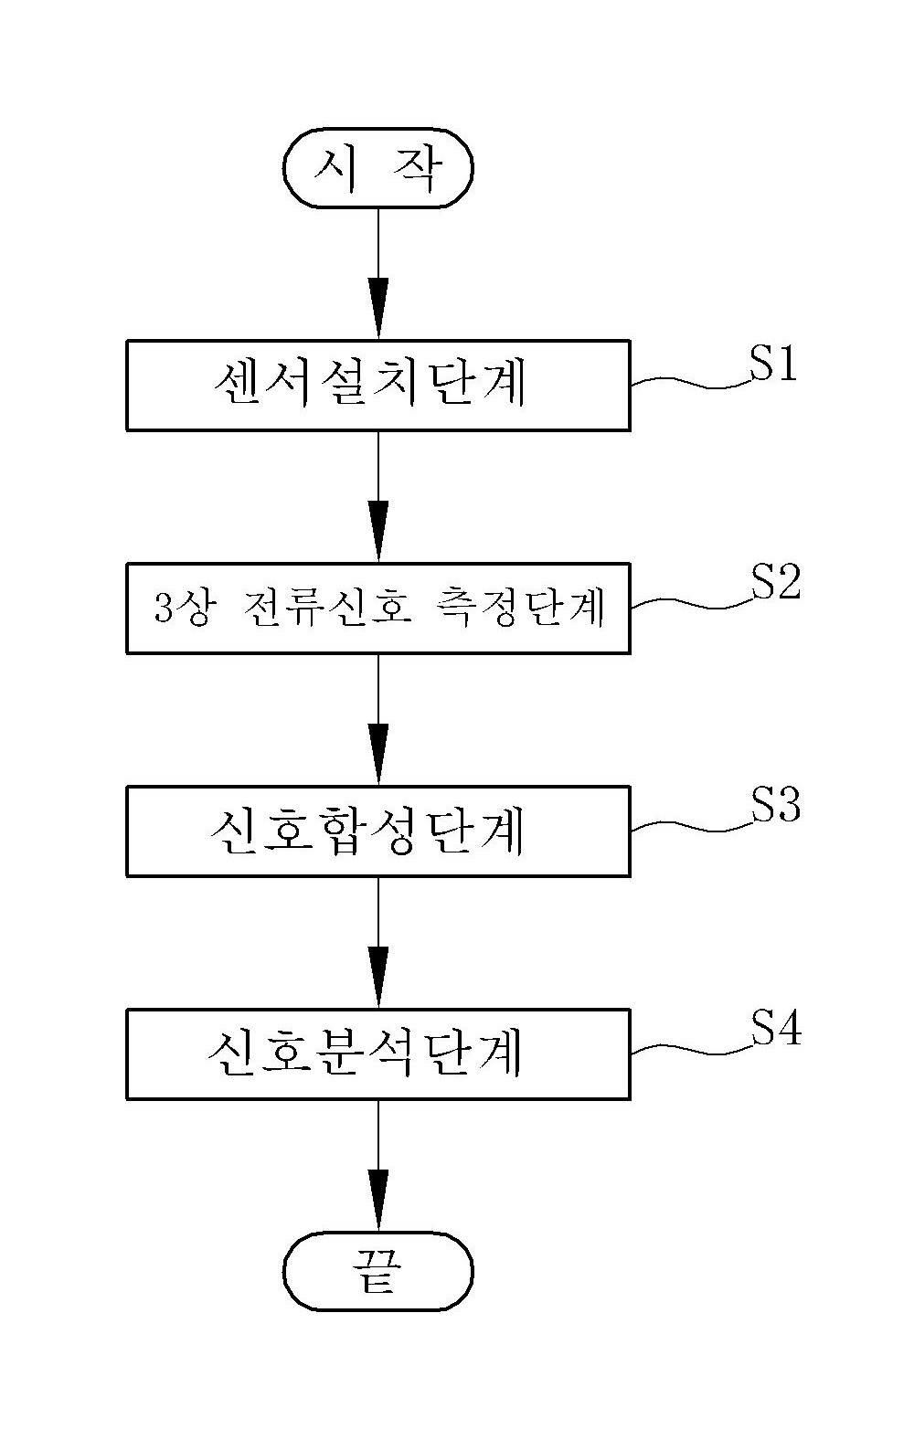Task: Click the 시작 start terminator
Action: pyautogui.click(x=378, y=168)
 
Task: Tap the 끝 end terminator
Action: pyautogui.click(x=378, y=1271)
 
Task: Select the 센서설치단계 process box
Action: pyautogui.click(x=378, y=386)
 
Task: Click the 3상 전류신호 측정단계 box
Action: pyautogui.click(x=378, y=609)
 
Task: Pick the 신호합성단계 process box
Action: pyautogui.click(x=378, y=831)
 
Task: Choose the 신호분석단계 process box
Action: pyautogui.click(x=378, y=1054)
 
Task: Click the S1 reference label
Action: pyautogui.click(x=773, y=364)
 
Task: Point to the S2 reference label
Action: pyautogui.click(x=776, y=582)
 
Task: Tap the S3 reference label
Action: pyautogui.click(x=776, y=803)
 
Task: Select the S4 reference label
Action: pyautogui.click(x=776, y=1027)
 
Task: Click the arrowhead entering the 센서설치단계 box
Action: pyautogui.click(x=378, y=309)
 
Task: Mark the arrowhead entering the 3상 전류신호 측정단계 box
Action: pyautogui.click(x=378, y=532)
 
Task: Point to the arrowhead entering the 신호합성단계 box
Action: pyautogui.click(x=378, y=755)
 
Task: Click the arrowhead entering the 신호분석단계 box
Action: pyautogui.click(x=378, y=978)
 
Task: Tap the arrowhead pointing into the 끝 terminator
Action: pyautogui.click(x=378, y=1201)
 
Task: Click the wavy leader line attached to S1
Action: pyautogui.click(x=692, y=383)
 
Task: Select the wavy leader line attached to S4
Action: pyautogui.click(x=692, y=1049)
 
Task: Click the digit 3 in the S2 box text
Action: pyautogui.click(x=163, y=608)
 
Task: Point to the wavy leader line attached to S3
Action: pyautogui.click(x=692, y=826)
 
